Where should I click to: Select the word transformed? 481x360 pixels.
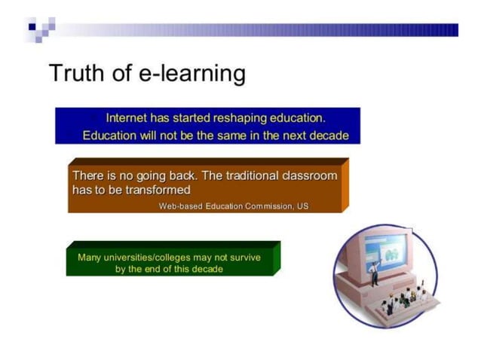point(158,190)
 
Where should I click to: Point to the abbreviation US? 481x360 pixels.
point(302,206)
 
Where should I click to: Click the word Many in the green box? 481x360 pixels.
point(89,258)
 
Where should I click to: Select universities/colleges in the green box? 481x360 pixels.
point(146,258)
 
